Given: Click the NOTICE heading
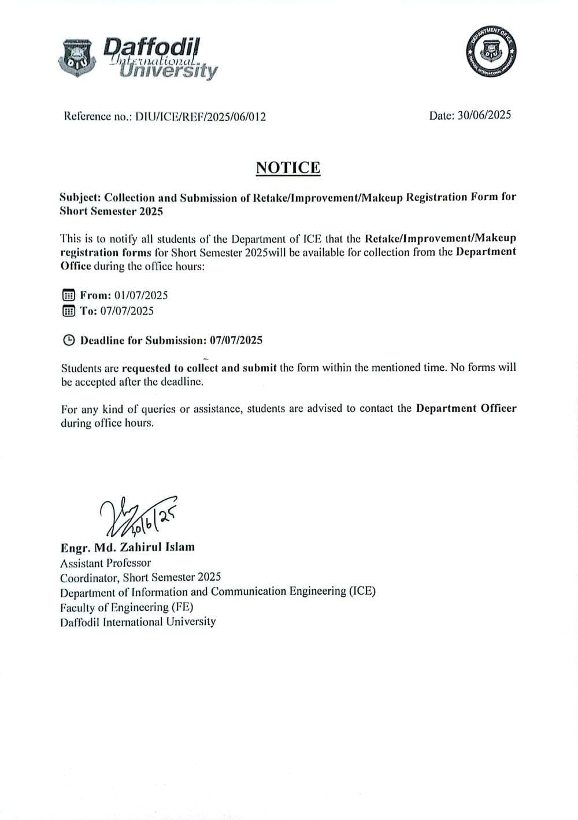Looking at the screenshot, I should [x=288, y=167].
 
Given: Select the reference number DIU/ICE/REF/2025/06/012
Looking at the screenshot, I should [x=201, y=117].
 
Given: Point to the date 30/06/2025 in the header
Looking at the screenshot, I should [x=484, y=115].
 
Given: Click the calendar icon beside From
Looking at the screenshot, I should [x=68, y=296].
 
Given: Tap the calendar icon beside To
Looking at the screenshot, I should [x=68, y=311].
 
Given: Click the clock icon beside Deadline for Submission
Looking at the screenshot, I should [x=68, y=340].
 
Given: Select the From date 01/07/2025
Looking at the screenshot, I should [x=141, y=295].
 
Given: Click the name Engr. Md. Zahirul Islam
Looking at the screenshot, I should [x=127, y=547].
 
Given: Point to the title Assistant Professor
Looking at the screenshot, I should [x=105, y=562].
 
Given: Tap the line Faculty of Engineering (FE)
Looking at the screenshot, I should [x=127, y=607].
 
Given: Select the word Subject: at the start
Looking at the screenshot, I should [x=80, y=197].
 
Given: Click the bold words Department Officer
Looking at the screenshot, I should [x=466, y=408].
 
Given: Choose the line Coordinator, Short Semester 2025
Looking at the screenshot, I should [x=140, y=577].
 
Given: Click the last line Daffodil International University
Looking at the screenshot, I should [x=138, y=622].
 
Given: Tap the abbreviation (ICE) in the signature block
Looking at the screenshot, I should [x=362, y=592].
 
